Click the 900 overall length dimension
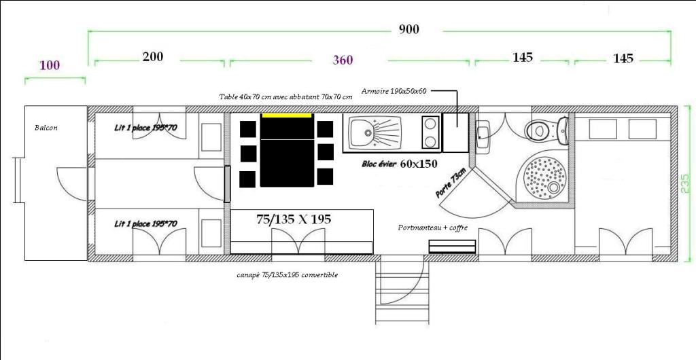pos(408,29)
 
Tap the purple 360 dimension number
pos(343,60)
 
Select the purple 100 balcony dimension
pos(50,66)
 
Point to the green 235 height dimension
pos(685,183)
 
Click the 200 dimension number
pos(153,56)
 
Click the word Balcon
pos(46,128)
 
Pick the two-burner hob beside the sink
pos(430,132)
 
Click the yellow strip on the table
pos(287,115)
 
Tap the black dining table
pos(287,150)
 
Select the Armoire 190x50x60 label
pos(394,91)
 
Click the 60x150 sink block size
pos(419,164)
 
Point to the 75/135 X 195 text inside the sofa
pos(294,219)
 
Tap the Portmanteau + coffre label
pos(432,228)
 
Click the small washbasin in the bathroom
pos(483,134)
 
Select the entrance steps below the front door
pos(402,291)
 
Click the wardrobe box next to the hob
pos(455,132)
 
